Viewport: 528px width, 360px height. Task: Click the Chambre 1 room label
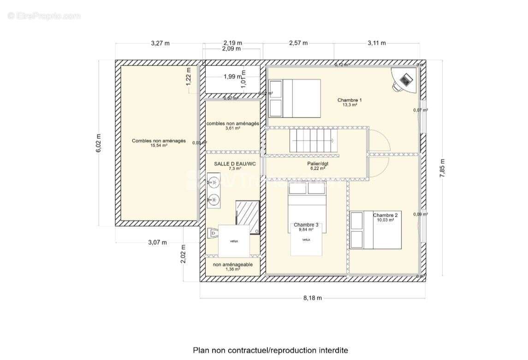350,100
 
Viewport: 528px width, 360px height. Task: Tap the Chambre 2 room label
385,215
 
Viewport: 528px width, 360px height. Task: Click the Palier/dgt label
318,164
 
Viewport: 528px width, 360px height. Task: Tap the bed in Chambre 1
295,98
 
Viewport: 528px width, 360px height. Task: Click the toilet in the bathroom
213,234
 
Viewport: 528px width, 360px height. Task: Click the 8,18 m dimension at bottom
313,298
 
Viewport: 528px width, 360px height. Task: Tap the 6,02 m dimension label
98,143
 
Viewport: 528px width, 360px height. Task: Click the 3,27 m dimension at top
160,43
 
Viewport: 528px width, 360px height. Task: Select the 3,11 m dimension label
376,43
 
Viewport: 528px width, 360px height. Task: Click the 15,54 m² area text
159,146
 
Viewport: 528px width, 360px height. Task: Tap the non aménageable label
233,265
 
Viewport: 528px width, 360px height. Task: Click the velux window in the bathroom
234,241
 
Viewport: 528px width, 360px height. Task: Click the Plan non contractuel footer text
270,350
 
